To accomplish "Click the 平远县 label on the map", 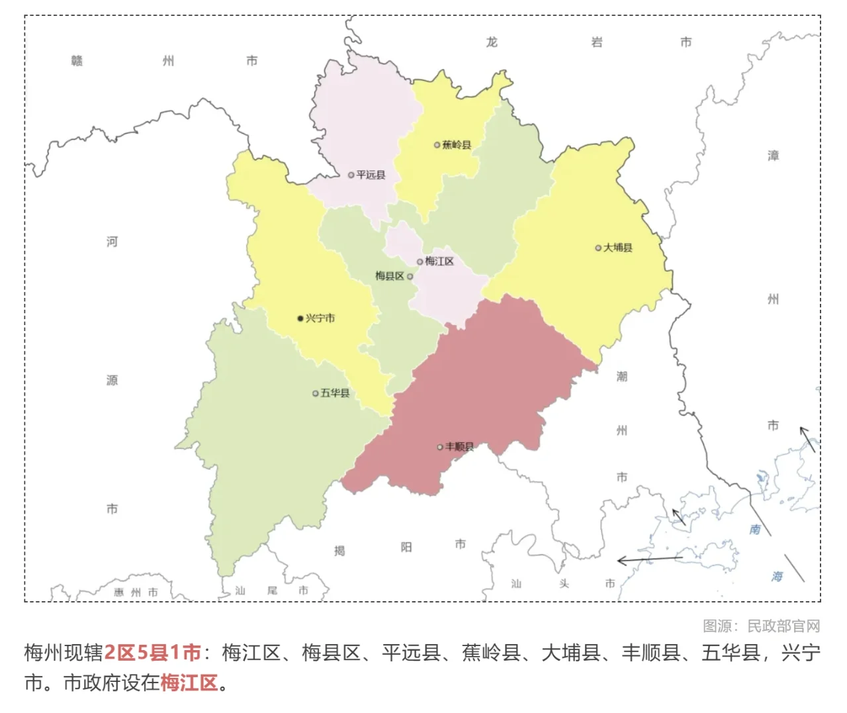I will (371, 175).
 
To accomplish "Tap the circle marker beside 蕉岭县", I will (437, 145).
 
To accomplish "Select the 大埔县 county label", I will (617, 248).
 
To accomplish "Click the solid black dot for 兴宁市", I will (300, 318).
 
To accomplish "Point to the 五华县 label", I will (335, 393).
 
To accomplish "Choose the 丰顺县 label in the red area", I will (459, 447).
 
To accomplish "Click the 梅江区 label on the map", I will (439, 261).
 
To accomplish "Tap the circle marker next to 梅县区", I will (410, 277).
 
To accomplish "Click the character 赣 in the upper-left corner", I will (77, 61).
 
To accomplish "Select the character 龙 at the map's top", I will (492, 42).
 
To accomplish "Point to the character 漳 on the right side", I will (773, 156).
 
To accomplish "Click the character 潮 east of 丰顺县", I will (622, 377).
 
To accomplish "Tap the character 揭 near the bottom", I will (339, 551).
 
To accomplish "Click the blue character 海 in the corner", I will (777, 577).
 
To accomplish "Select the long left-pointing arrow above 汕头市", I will (649, 560).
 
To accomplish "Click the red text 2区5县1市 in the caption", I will (152, 653).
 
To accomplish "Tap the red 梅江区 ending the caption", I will (189, 683).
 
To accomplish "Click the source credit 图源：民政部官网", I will (761, 626).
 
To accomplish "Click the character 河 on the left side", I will (112, 242).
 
